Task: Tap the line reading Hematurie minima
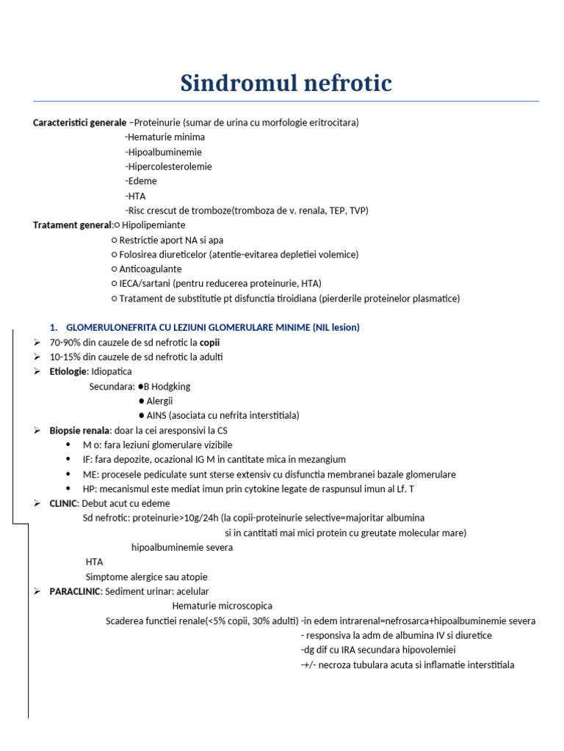pyautogui.click(x=166, y=137)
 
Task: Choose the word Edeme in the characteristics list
pyautogui.click(x=142, y=181)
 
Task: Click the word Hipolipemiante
pyautogui.click(x=153, y=225)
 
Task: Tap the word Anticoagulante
pyautogui.click(x=151, y=269)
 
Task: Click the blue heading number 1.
pyautogui.click(x=52, y=327)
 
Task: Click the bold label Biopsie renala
pyautogui.click(x=80, y=431)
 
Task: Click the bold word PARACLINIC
pyautogui.click(x=74, y=591)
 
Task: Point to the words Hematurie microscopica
pyautogui.click(x=222, y=606)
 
